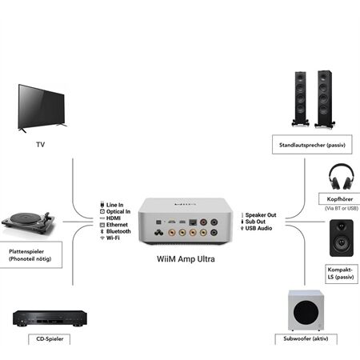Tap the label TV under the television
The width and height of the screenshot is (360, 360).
pos(41,145)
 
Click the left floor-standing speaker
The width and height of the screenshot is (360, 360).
pos(302,100)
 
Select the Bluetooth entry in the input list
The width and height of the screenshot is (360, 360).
pos(116,231)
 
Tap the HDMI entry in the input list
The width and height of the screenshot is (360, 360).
pos(113,218)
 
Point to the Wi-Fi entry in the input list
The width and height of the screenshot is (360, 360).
pos(113,238)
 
